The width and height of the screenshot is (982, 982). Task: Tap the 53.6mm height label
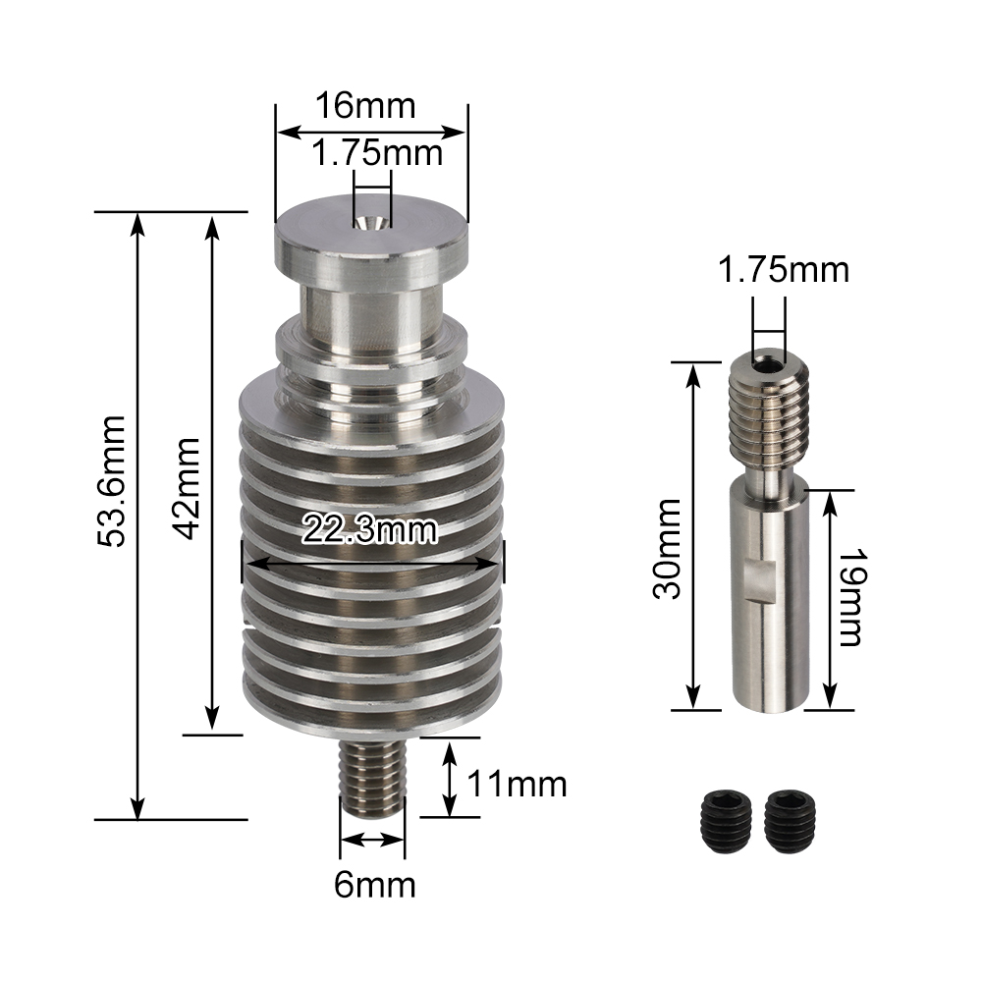tap(115, 481)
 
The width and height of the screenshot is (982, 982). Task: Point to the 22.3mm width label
tap(369, 530)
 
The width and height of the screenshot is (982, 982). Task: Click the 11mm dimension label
tap(518, 785)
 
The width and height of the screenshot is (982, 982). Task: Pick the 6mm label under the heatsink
tap(375, 885)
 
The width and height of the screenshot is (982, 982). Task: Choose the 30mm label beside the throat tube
tap(670, 550)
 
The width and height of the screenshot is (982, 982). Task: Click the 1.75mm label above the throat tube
tap(783, 268)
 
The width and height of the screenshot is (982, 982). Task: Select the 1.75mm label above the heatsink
tap(377, 153)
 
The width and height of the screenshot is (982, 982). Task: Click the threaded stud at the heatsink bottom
tap(372, 775)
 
